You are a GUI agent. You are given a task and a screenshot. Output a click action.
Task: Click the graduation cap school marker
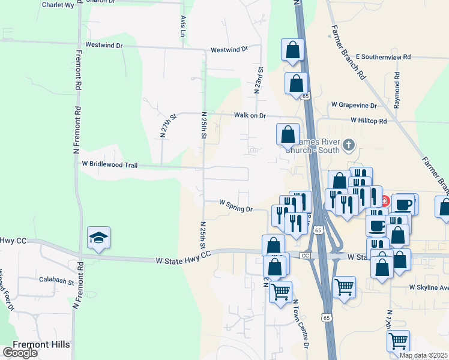pyautogui.click(x=98, y=237)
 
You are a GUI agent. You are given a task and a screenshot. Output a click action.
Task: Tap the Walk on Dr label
pyautogui.click(x=250, y=115)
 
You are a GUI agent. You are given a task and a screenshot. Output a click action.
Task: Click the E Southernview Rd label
pyautogui.click(x=383, y=56)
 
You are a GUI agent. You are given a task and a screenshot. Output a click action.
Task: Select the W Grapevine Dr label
pyautogui.click(x=354, y=105)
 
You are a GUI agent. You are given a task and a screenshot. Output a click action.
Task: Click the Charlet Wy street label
pyautogui.click(x=58, y=5)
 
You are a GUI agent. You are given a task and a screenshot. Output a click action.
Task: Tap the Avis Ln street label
pyautogui.click(x=182, y=24)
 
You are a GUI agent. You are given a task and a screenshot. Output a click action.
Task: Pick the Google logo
pyautogui.click(x=20, y=353)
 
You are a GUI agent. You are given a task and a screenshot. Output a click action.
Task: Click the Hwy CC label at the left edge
pyautogui.click(x=13, y=241)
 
